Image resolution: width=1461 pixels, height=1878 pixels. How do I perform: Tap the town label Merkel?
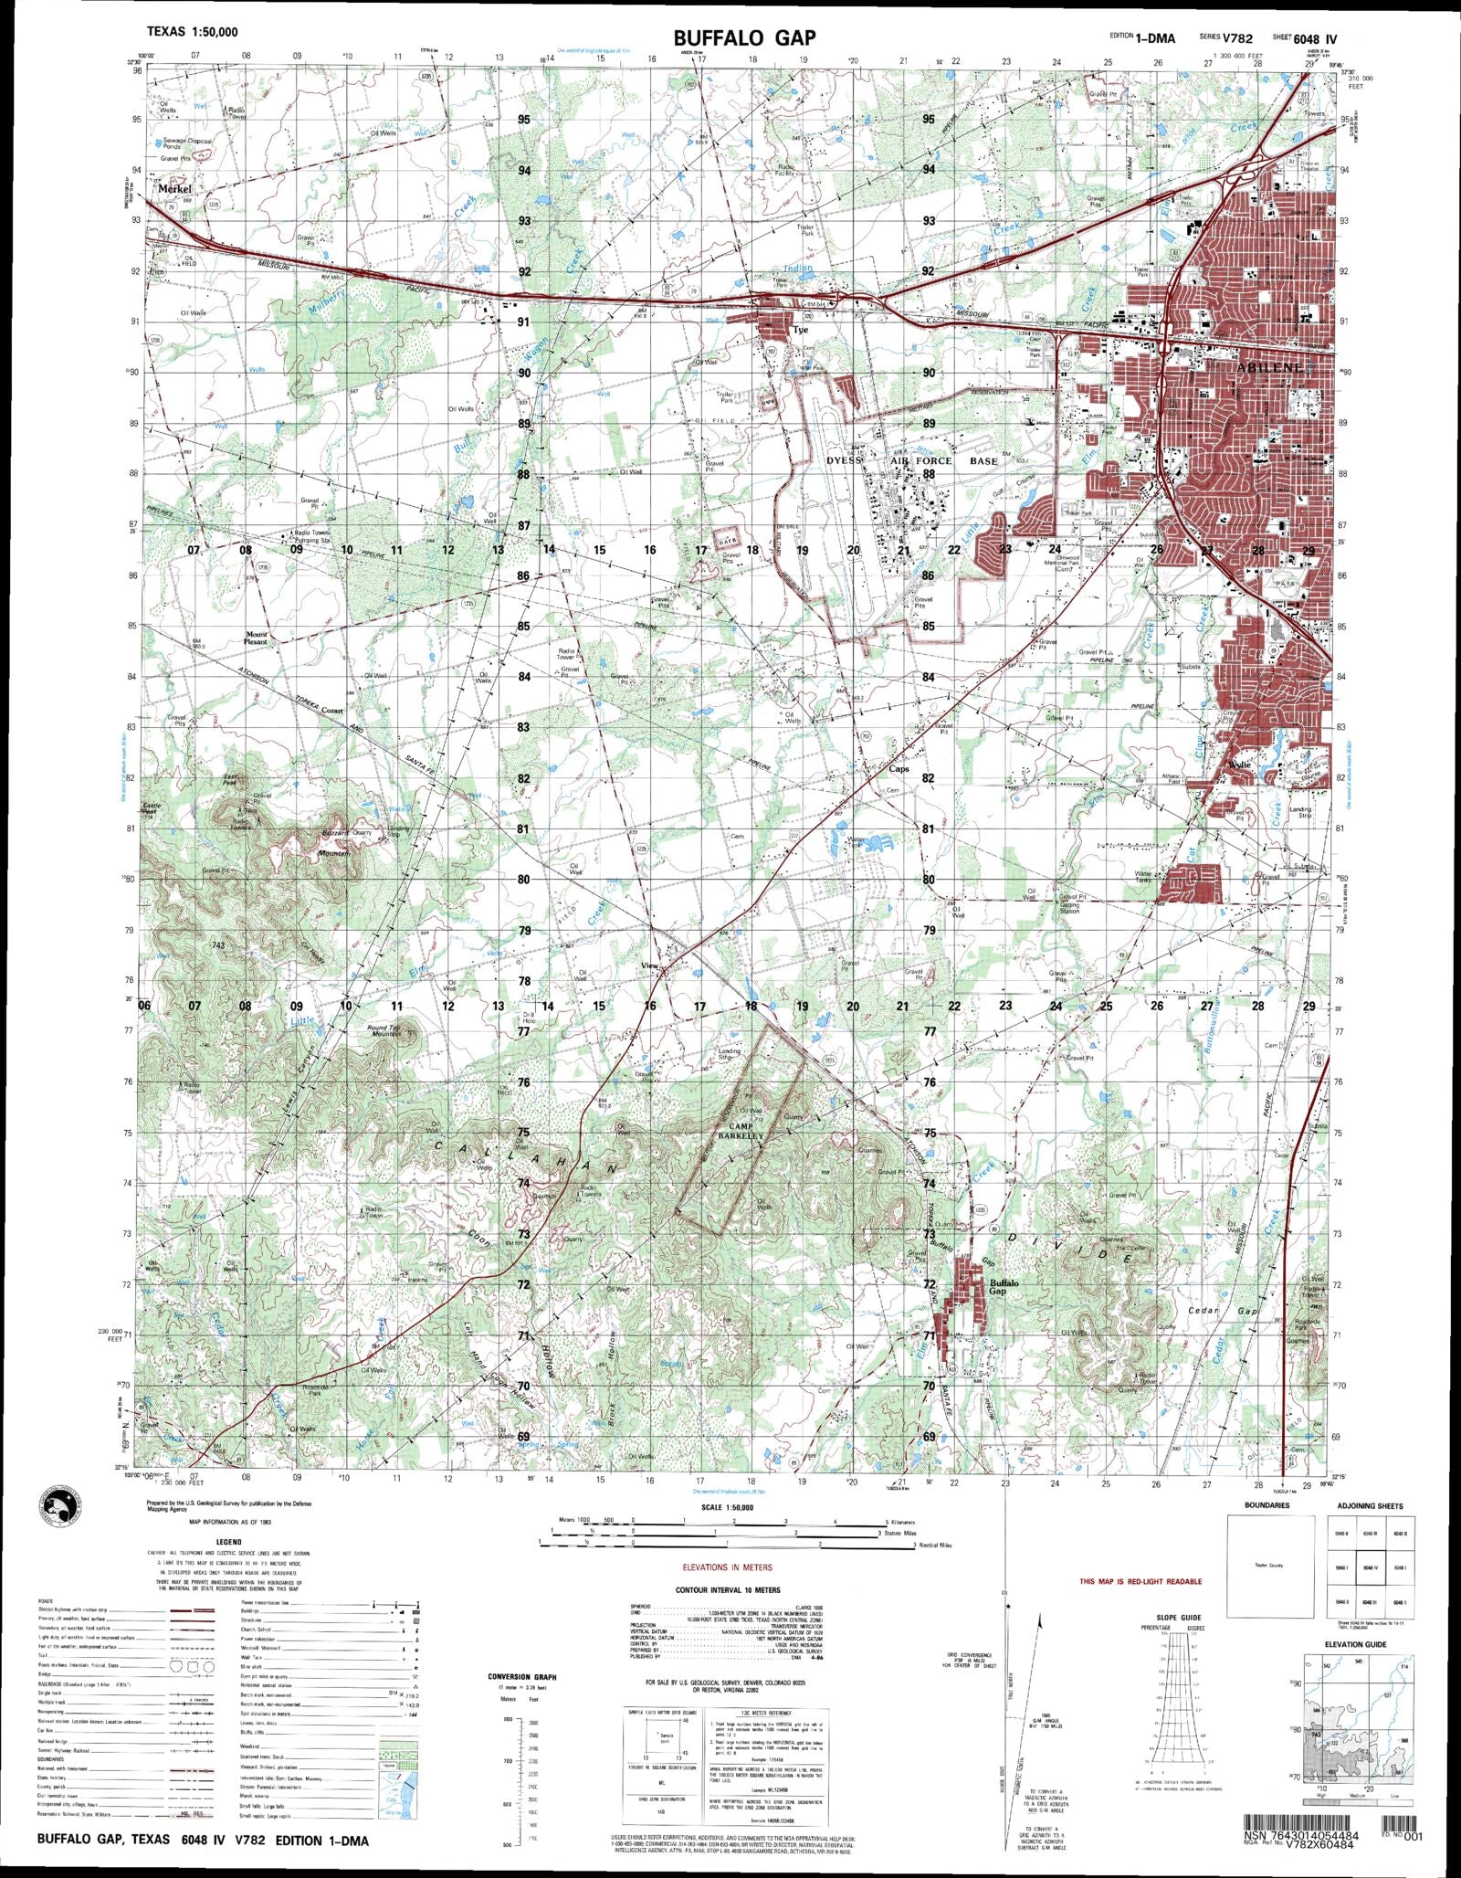click(173, 189)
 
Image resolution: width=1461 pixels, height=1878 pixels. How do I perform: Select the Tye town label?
click(801, 330)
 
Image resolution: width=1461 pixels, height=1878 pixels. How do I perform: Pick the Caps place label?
click(899, 769)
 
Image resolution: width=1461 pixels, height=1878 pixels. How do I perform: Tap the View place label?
click(650, 965)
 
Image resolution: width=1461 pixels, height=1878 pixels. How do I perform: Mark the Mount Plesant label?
click(256, 638)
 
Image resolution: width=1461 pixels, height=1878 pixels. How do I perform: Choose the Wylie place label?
click(1239, 764)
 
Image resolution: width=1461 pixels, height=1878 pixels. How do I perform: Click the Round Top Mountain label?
click(385, 1031)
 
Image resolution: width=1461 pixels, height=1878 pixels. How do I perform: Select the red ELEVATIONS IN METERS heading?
click(727, 1567)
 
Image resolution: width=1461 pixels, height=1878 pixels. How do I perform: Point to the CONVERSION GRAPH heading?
click(522, 1677)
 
